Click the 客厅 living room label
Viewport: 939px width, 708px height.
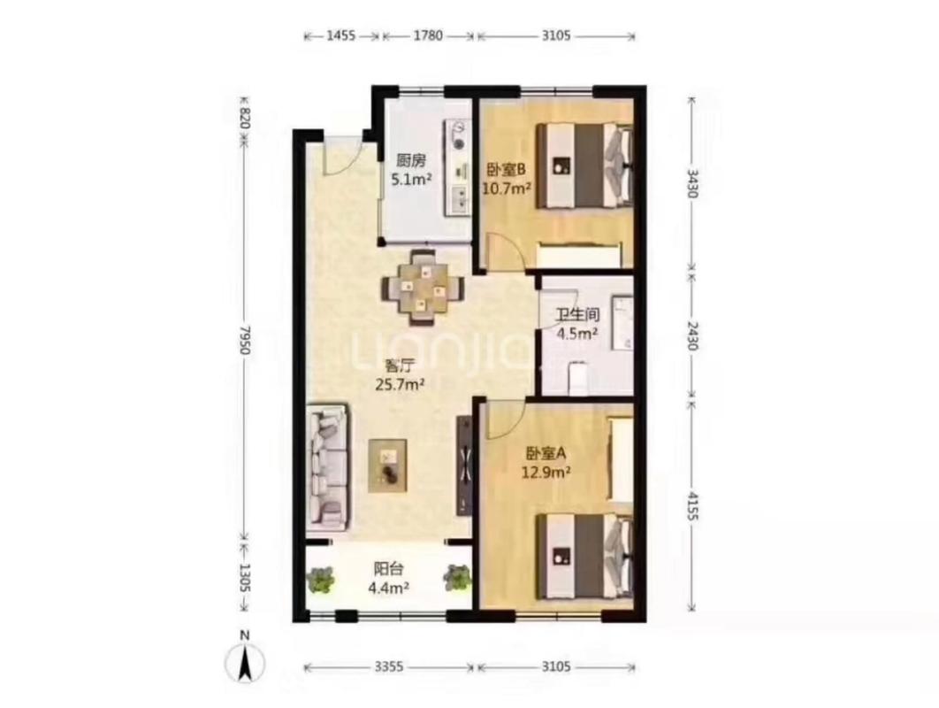point(400,365)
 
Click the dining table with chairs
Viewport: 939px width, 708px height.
point(423,285)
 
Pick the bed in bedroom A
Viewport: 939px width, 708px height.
point(585,556)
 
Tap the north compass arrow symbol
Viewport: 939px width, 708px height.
point(248,659)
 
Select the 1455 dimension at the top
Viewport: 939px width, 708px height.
point(341,36)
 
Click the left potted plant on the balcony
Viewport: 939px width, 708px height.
point(322,579)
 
